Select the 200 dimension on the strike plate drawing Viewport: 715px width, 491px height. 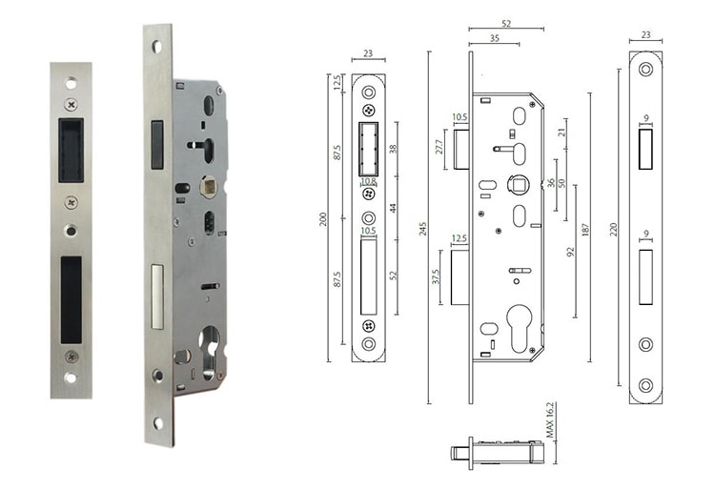click(x=322, y=218)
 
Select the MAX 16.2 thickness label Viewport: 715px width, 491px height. click(x=550, y=421)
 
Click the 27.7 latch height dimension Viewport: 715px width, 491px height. click(x=440, y=147)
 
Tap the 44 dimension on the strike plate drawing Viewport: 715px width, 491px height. click(x=393, y=209)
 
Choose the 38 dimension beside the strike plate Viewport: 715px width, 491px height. click(x=393, y=149)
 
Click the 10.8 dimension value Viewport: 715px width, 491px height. click(x=368, y=181)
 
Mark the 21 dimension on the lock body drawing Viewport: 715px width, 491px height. click(x=562, y=131)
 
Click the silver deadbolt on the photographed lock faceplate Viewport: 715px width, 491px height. click(x=157, y=295)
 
